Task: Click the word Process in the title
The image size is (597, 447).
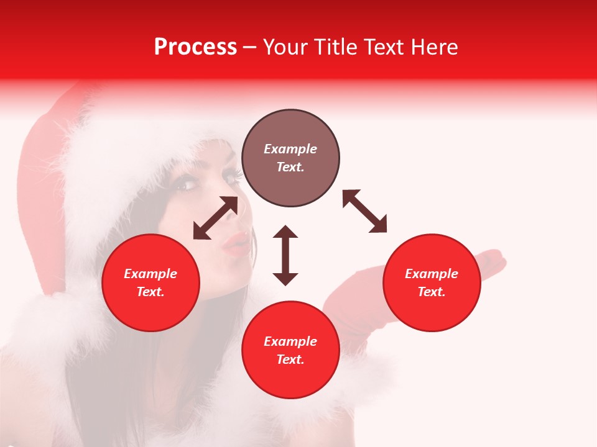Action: tap(195, 47)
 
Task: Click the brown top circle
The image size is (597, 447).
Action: tap(290, 158)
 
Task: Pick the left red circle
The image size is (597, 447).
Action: tap(150, 282)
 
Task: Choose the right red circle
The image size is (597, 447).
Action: tap(432, 282)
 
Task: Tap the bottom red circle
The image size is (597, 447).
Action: tap(290, 350)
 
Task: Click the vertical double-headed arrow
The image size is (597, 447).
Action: tap(285, 255)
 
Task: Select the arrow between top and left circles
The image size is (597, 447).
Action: tap(215, 218)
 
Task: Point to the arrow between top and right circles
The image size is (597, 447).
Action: tap(364, 211)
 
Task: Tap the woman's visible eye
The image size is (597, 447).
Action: tap(186, 184)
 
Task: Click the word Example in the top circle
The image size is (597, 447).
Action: tap(290, 149)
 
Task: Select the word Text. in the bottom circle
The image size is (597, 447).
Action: tap(290, 359)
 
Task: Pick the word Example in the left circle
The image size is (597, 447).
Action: tap(150, 274)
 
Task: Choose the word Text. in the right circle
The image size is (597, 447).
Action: tap(432, 292)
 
